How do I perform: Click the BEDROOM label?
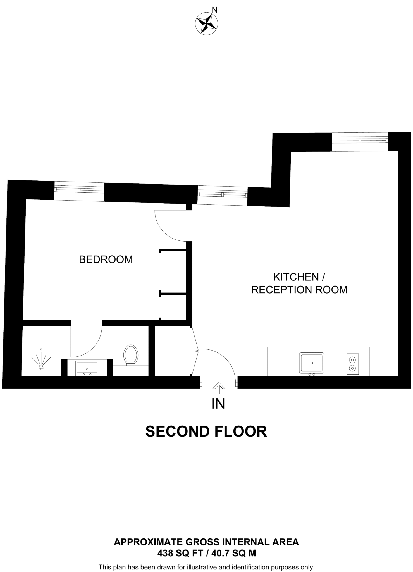pos(106,259)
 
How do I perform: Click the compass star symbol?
pos(206,23)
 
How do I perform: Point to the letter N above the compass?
pos(214,10)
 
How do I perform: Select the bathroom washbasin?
pos(87,367)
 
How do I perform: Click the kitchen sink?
pos(312,363)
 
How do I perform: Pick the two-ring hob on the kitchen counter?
pos(352,364)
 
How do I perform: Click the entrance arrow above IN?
pos(219,388)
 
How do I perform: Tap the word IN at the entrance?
pos(218,404)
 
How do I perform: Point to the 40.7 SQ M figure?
pos(234,553)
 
